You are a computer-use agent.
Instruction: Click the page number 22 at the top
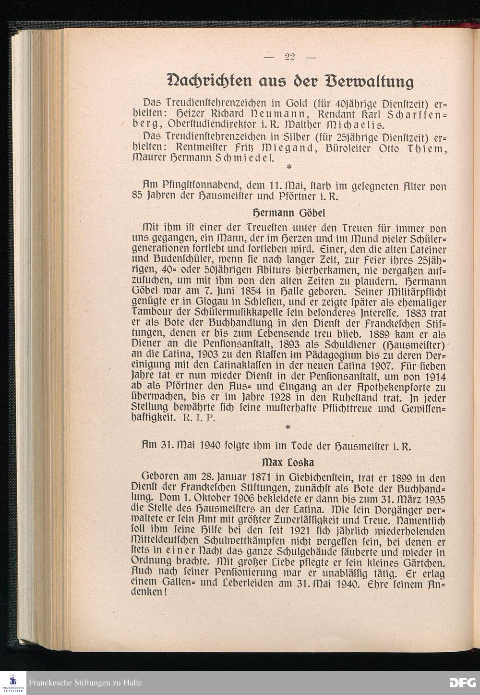(x=289, y=57)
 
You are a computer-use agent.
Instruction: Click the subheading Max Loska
(x=288, y=463)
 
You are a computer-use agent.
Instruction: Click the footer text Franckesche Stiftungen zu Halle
(x=85, y=683)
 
